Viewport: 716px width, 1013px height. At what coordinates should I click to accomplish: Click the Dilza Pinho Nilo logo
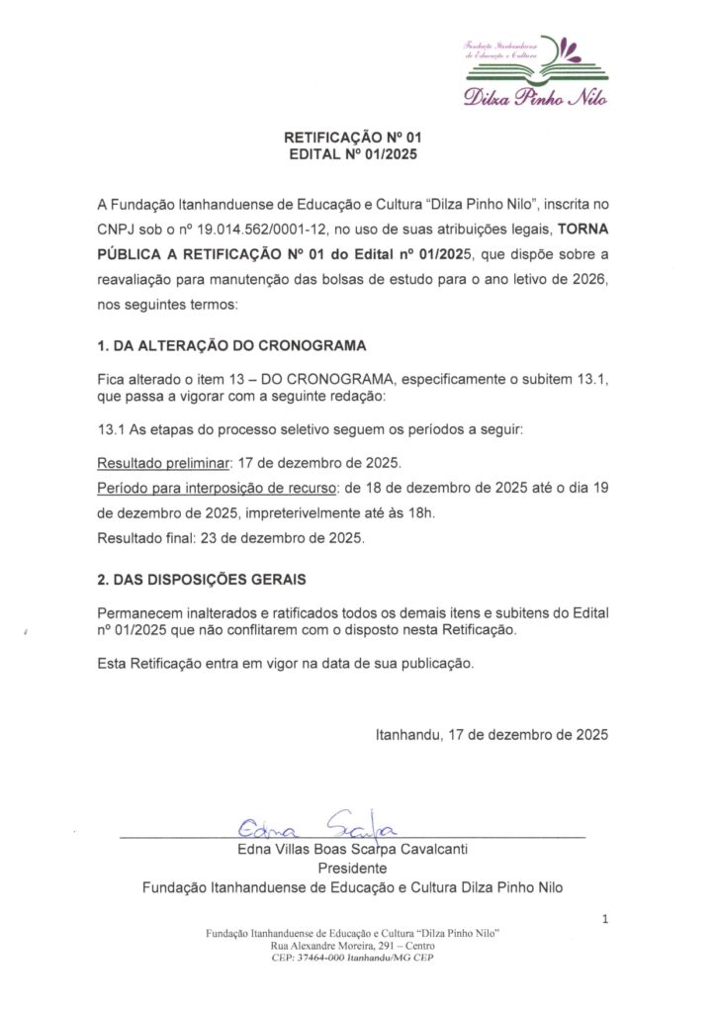click(535, 69)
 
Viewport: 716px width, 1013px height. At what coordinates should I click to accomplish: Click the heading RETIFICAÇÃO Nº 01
click(358, 138)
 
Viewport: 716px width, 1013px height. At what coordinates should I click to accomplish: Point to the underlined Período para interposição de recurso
click(217, 489)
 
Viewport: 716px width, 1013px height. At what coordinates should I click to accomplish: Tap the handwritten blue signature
click(315, 823)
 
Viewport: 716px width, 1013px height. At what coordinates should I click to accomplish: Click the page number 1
click(605, 922)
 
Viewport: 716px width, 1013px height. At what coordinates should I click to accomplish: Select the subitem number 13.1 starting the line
click(112, 431)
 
